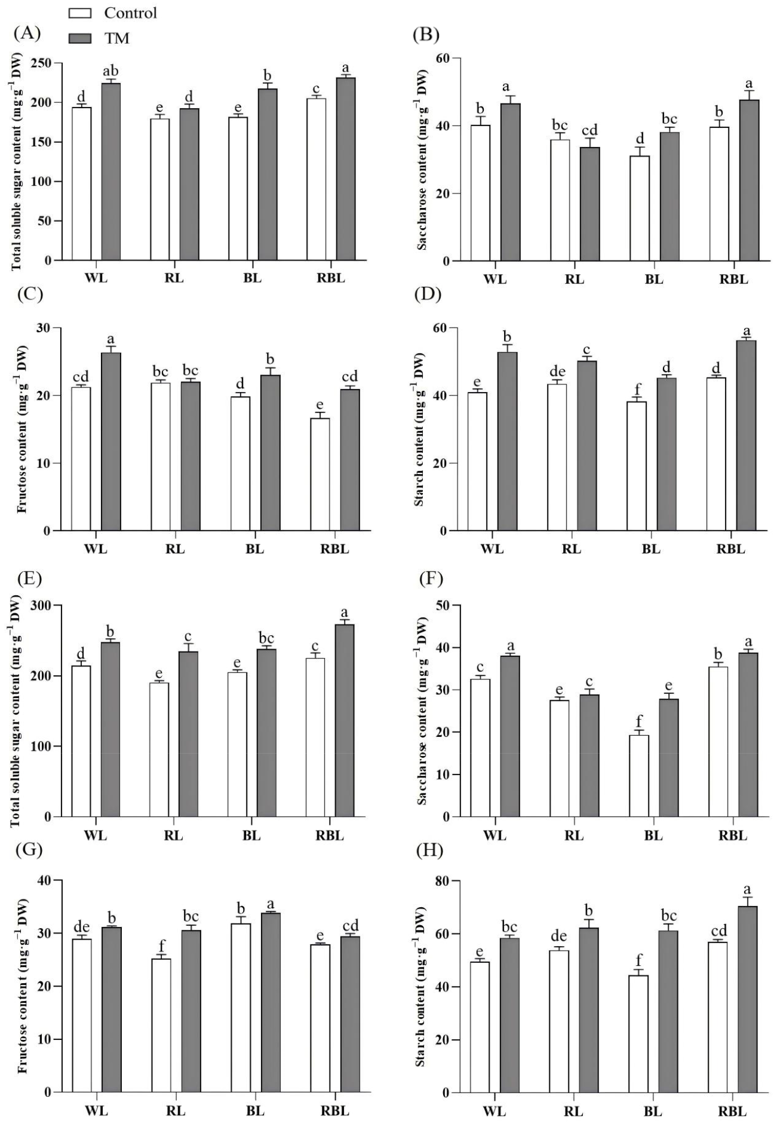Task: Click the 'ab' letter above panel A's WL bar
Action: [110, 72]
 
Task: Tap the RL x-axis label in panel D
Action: [572, 549]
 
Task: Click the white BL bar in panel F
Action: [640, 775]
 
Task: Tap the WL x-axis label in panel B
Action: [494, 279]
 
